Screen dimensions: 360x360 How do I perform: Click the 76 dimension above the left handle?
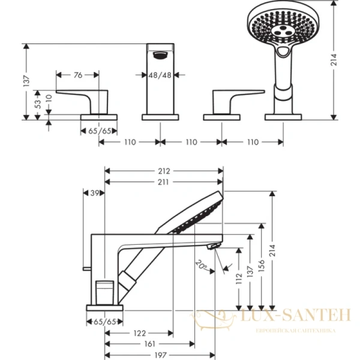tap(79, 75)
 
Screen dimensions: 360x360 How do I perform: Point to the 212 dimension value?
tap(164, 170)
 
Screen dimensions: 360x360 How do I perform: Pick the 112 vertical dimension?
tap(240, 279)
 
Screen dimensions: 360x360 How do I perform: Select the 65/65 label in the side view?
tap(105, 322)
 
